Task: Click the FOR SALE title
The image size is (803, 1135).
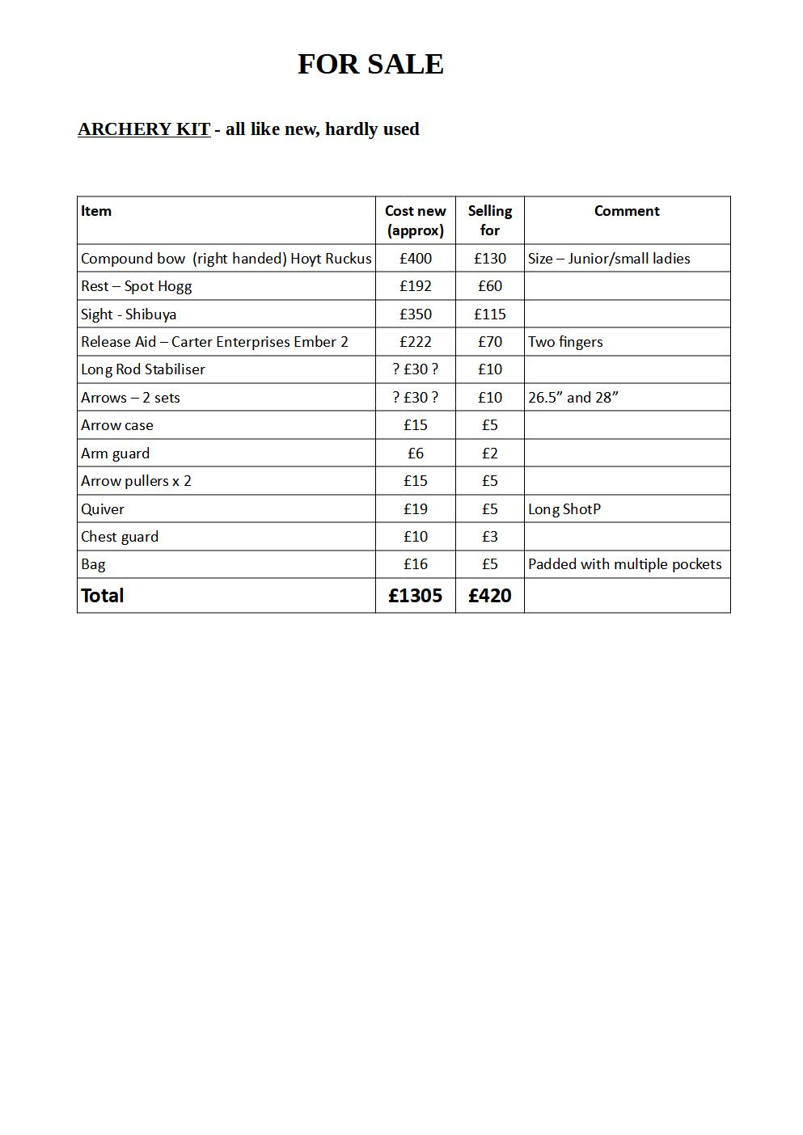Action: pyautogui.click(x=370, y=64)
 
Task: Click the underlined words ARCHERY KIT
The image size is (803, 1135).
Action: pyautogui.click(x=144, y=129)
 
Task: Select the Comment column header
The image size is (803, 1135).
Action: pyautogui.click(x=627, y=211)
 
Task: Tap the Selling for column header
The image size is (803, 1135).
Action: pyautogui.click(x=489, y=220)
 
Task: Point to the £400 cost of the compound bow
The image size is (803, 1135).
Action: pyautogui.click(x=416, y=259)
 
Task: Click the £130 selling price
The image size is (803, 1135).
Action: pyautogui.click(x=490, y=259)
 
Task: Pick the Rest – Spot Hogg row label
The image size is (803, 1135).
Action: pyautogui.click(x=136, y=286)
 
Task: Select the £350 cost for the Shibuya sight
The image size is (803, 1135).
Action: pyautogui.click(x=416, y=314)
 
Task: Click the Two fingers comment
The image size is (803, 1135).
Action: pyautogui.click(x=565, y=342)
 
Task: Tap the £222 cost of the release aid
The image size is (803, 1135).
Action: pyautogui.click(x=416, y=342)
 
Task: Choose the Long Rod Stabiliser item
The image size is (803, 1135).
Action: pyautogui.click(x=143, y=369)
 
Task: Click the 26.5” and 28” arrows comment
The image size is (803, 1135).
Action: pyautogui.click(x=573, y=398)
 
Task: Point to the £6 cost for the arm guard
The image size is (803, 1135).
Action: pyautogui.click(x=416, y=454)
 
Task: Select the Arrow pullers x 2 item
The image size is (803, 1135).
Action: pyautogui.click(x=136, y=481)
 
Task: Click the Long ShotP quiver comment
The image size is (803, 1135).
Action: pyautogui.click(x=564, y=509)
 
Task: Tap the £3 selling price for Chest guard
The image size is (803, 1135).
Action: pyautogui.click(x=490, y=537)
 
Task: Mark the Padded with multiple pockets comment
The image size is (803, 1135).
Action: pyautogui.click(x=624, y=564)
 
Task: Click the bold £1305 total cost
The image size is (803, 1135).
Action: pyautogui.click(x=416, y=596)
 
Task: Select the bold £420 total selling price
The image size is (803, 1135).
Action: pyautogui.click(x=490, y=596)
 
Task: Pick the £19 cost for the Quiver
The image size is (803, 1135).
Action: pyautogui.click(x=416, y=509)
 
